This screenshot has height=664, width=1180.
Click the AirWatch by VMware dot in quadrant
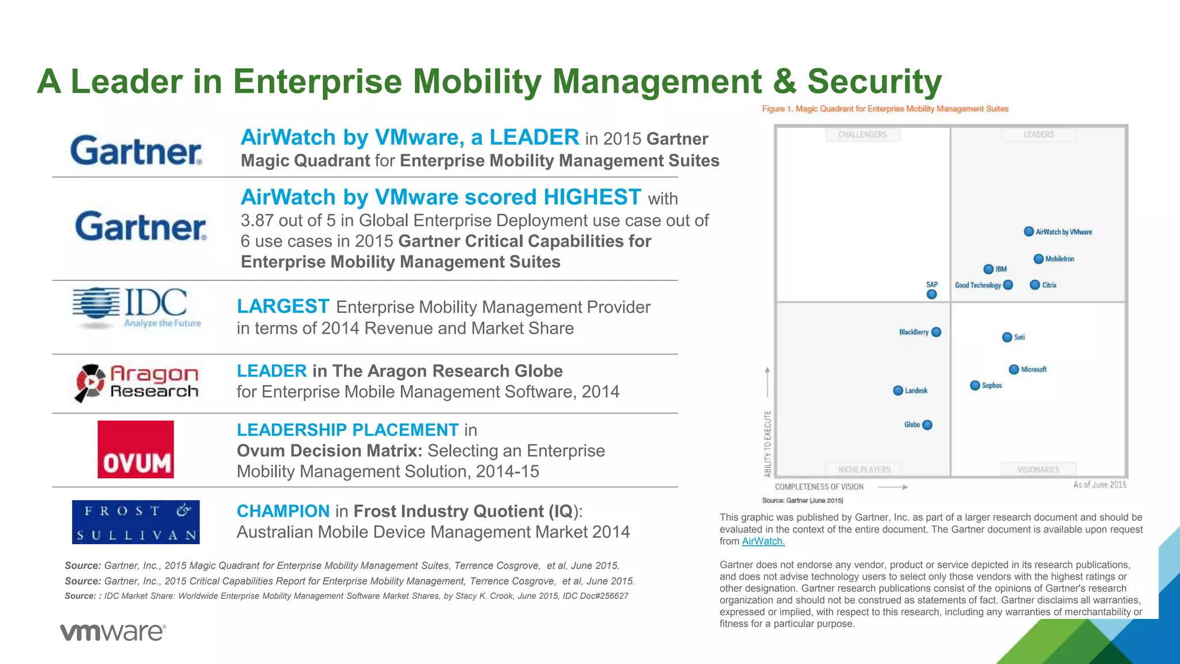[1028, 232]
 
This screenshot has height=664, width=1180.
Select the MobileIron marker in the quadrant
[1038, 259]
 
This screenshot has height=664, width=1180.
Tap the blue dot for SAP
[932, 295]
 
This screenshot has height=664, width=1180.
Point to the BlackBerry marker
[936, 332]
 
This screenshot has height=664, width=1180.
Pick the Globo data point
[927, 425]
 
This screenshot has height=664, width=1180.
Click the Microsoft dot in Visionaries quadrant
[1014, 369]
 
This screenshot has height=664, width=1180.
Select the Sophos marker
[975, 386]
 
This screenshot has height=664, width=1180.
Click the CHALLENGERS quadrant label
[863, 135]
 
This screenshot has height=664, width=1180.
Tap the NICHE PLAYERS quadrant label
[864, 470]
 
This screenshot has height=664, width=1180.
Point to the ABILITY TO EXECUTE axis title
[767, 443]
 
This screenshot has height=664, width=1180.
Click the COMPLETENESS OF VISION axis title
[819, 487]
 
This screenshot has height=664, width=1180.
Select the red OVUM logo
[135, 450]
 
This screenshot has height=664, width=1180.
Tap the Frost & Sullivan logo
[135, 522]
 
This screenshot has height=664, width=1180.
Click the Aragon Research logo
[137, 383]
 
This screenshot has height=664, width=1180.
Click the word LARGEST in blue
[283, 307]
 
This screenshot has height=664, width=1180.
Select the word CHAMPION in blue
[283, 511]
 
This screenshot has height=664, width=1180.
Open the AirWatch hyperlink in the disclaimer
[763, 541]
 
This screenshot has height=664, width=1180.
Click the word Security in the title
[874, 81]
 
